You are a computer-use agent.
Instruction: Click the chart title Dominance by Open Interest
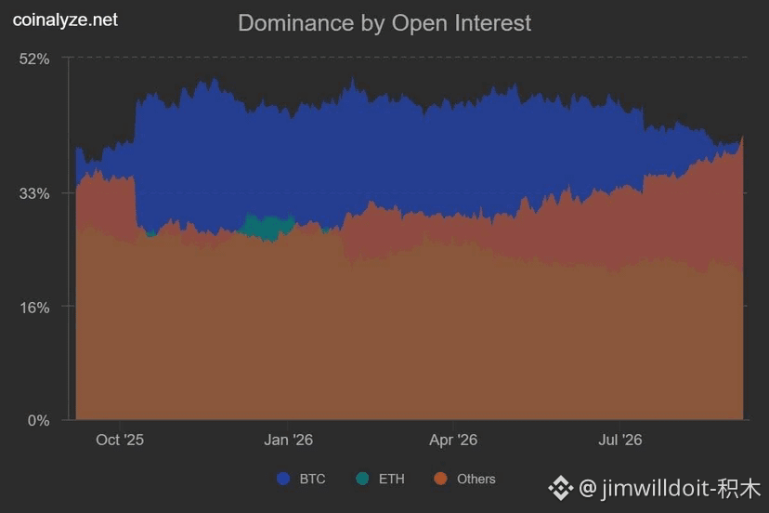pos(384,23)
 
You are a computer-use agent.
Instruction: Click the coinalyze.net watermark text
pos(65,20)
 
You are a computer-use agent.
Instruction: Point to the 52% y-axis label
pos(34,59)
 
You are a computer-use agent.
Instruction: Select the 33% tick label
pos(34,193)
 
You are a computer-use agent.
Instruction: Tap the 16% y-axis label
pos(34,308)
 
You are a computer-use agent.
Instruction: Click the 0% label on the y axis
pos(38,421)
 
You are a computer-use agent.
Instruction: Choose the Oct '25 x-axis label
pos(120,440)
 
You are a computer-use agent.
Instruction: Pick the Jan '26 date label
pos(288,440)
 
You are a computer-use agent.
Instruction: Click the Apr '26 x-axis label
pos(453,440)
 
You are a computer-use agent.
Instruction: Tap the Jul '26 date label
pos(619,440)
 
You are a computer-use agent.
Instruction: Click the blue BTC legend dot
pos(283,479)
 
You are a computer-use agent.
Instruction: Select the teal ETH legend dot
pos(362,479)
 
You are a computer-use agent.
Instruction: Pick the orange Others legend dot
pos(441,479)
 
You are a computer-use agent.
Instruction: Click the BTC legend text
pos(312,480)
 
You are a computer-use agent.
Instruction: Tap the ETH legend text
pos(391,480)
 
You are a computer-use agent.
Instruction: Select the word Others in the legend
pos(476,480)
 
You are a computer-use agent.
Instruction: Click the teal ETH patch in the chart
pos(267,227)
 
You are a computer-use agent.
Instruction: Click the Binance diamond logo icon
pos(561,489)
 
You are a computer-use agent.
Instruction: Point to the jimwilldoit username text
pos(658,489)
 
